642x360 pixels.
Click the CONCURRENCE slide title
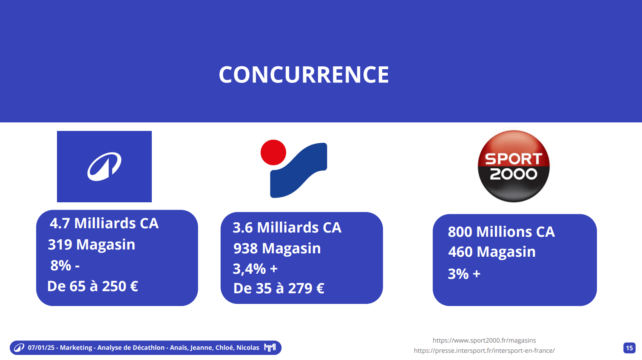point(304,74)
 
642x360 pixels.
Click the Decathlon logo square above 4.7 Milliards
point(104,167)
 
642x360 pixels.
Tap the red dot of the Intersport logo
point(273,153)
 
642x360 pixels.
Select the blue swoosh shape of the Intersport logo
point(298,170)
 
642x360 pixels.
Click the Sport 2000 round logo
point(514,166)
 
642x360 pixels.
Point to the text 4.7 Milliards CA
point(104,223)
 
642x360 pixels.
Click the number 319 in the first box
point(60,244)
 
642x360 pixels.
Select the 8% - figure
point(65,265)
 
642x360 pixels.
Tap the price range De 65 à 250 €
point(93,286)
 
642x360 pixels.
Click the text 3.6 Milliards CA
point(287,227)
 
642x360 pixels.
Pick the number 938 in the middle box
point(246,248)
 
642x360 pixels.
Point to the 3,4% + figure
point(255,269)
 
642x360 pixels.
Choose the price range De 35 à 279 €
point(278,288)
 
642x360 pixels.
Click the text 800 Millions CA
point(501,232)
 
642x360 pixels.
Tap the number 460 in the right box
point(460,252)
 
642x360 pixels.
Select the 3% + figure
point(464,274)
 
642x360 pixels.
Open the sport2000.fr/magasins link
point(484,340)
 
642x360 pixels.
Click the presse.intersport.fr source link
point(484,351)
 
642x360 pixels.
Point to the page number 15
point(629,348)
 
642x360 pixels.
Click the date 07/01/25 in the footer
point(41,348)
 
